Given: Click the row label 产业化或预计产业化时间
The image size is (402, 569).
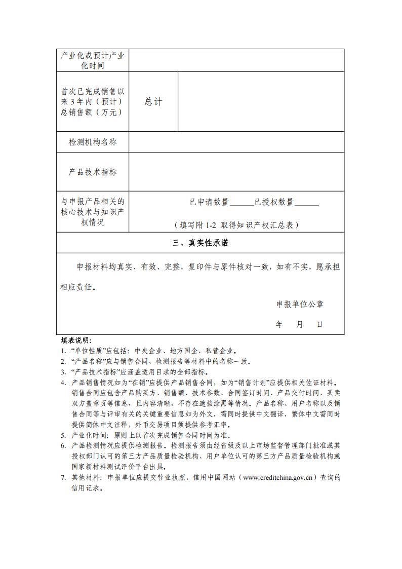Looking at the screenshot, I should click(x=93, y=60).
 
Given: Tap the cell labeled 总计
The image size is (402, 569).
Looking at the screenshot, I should click(x=153, y=101).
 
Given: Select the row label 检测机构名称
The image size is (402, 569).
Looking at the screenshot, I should click(x=93, y=142).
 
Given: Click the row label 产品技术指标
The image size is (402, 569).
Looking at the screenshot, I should click(x=93, y=172).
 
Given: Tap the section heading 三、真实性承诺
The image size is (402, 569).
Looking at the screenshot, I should click(x=200, y=243).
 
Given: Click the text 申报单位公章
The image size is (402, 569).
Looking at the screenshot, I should click(x=300, y=304).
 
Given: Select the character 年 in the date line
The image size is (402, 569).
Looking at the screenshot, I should click(x=279, y=324).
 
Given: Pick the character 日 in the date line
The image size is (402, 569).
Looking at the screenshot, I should click(x=319, y=324).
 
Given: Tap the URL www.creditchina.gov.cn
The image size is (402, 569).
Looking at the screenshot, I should click(x=279, y=477).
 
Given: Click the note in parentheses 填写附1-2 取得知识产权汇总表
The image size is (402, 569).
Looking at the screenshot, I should click(x=236, y=224).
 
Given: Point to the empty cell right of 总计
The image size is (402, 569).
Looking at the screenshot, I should click(x=261, y=101).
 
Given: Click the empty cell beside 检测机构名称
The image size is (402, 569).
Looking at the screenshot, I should click(x=236, y=142).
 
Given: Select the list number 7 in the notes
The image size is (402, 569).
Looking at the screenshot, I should click(x=63, y=477).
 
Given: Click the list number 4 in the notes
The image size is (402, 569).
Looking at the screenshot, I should click(x=63, y=383).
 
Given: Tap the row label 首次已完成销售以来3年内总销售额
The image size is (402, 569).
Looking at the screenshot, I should click(x=93, y=101).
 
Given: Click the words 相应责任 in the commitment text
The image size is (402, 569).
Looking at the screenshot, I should click(x=77, y=287).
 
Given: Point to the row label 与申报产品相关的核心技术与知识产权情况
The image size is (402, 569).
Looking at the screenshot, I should click(x=93, y=212).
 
